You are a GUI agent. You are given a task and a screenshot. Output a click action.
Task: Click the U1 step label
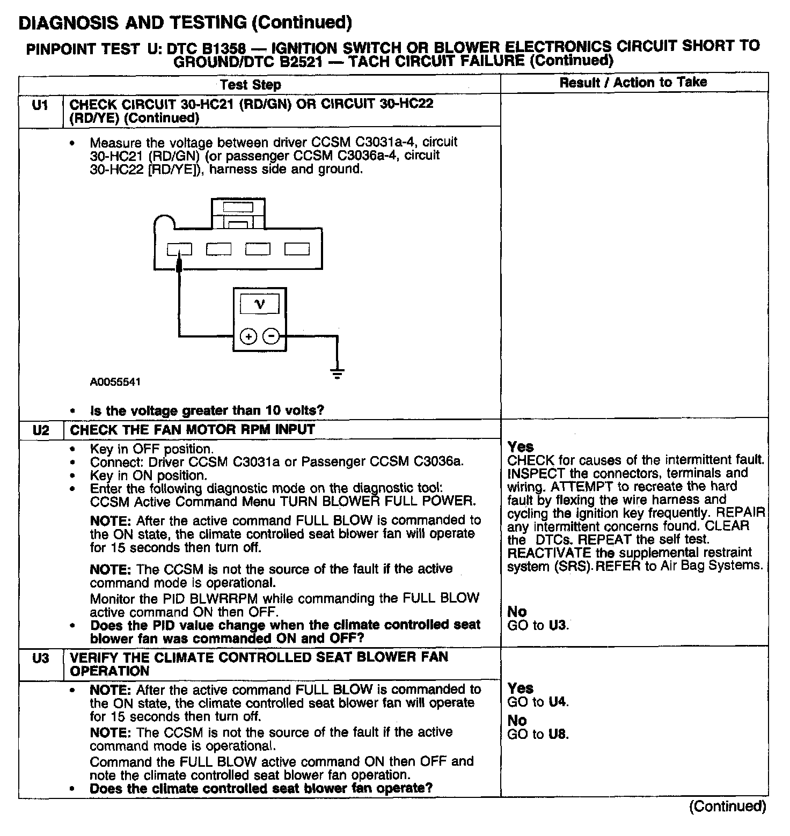coord(40,105)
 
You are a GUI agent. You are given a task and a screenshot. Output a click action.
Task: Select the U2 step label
coord(40,430)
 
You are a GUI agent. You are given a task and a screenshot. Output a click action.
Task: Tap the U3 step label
coord(40,658)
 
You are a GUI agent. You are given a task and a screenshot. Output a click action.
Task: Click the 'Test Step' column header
coord(250,85)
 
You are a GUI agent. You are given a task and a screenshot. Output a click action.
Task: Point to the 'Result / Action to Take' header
coord(633,83)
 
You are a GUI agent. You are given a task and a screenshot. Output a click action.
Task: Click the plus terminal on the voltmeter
coord(248,336)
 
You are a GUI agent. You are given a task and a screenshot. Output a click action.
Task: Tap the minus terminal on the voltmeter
coord(272,336)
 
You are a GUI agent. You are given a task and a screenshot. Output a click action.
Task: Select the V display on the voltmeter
coord(259,305)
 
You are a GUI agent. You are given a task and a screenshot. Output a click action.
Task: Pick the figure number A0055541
coord(115,382)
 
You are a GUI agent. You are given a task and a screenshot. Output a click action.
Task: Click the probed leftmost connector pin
coord(179,250)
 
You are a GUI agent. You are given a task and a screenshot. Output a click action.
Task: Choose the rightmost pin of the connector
coord(297,249)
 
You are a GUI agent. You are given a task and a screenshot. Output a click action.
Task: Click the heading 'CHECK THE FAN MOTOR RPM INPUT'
coord(192,430)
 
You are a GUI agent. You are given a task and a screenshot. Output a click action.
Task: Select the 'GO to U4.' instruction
coord(538,702)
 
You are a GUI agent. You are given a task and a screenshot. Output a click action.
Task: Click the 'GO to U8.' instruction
coord(538,734)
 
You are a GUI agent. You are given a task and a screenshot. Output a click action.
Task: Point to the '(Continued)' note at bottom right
coord(727,806)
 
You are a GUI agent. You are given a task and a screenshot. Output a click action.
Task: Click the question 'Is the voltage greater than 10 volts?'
coord(207,411)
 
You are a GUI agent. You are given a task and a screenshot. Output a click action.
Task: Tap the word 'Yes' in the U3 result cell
coord(520,688)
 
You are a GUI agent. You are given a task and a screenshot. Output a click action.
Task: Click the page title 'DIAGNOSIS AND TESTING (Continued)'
coord(185,23)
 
